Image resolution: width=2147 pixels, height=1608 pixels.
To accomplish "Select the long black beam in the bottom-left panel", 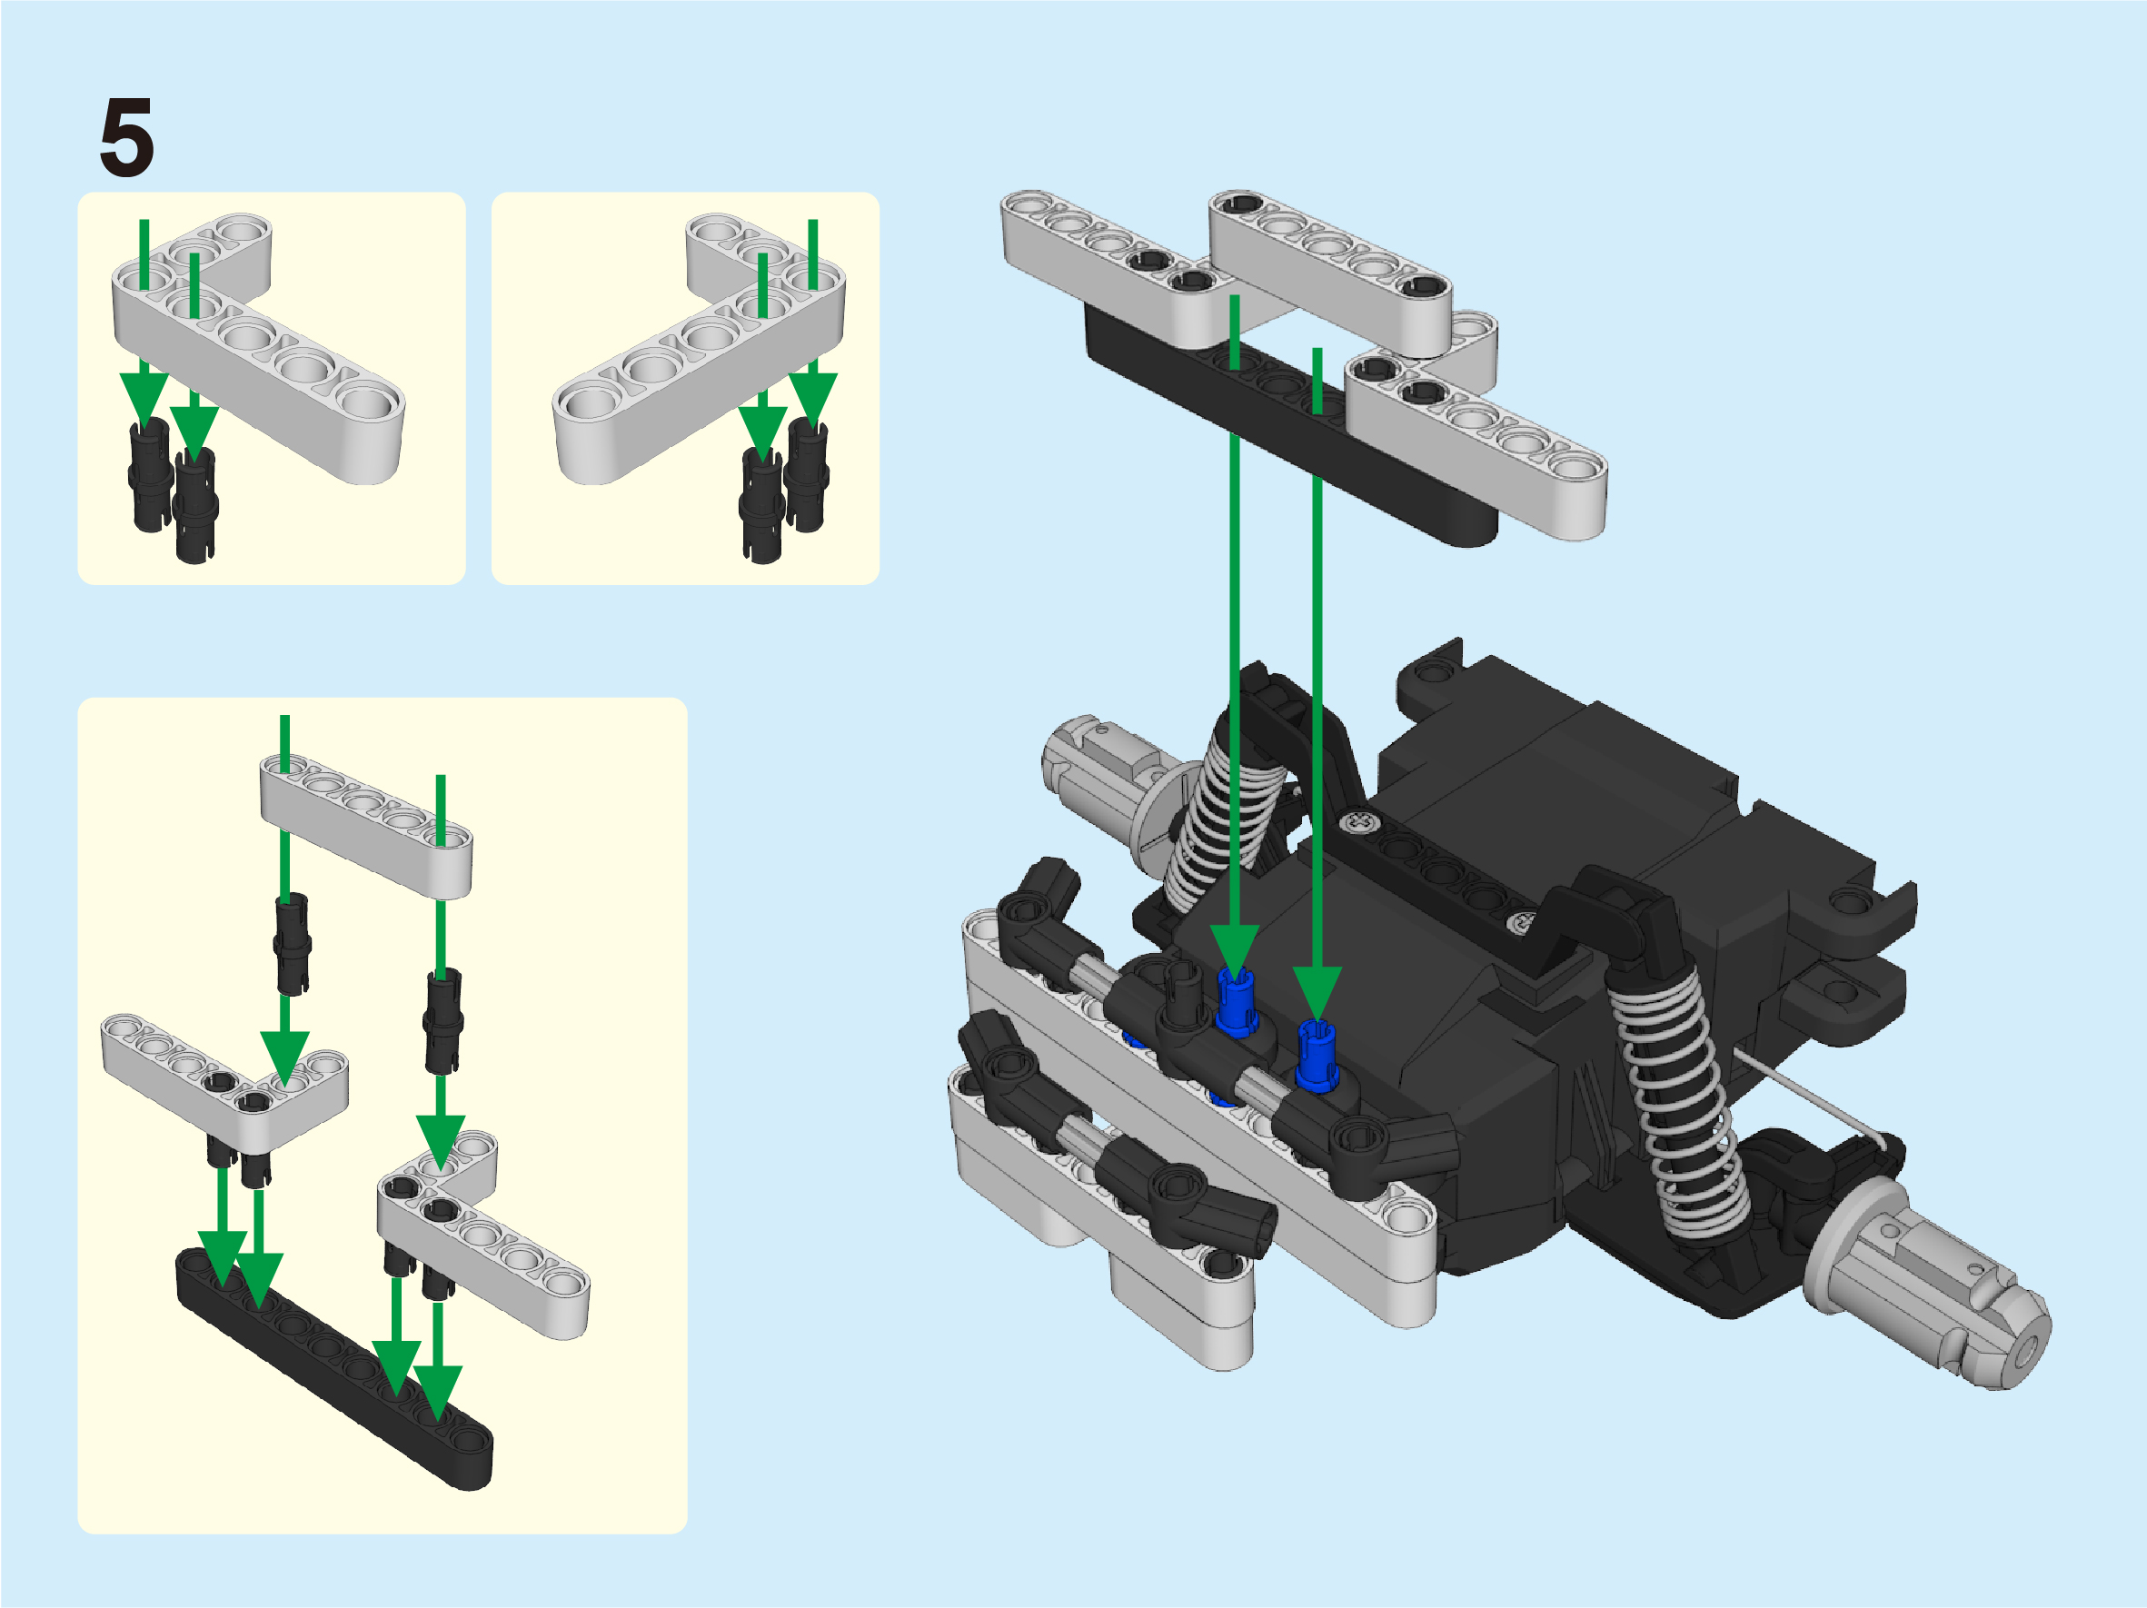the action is click(333, 1369).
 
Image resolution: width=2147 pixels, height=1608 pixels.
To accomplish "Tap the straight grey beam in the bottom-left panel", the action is click(366, 826).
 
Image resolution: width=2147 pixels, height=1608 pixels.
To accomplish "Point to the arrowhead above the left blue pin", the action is click(1235, 953).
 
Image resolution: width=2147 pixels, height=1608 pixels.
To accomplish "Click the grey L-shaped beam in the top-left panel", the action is click(257, 340).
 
